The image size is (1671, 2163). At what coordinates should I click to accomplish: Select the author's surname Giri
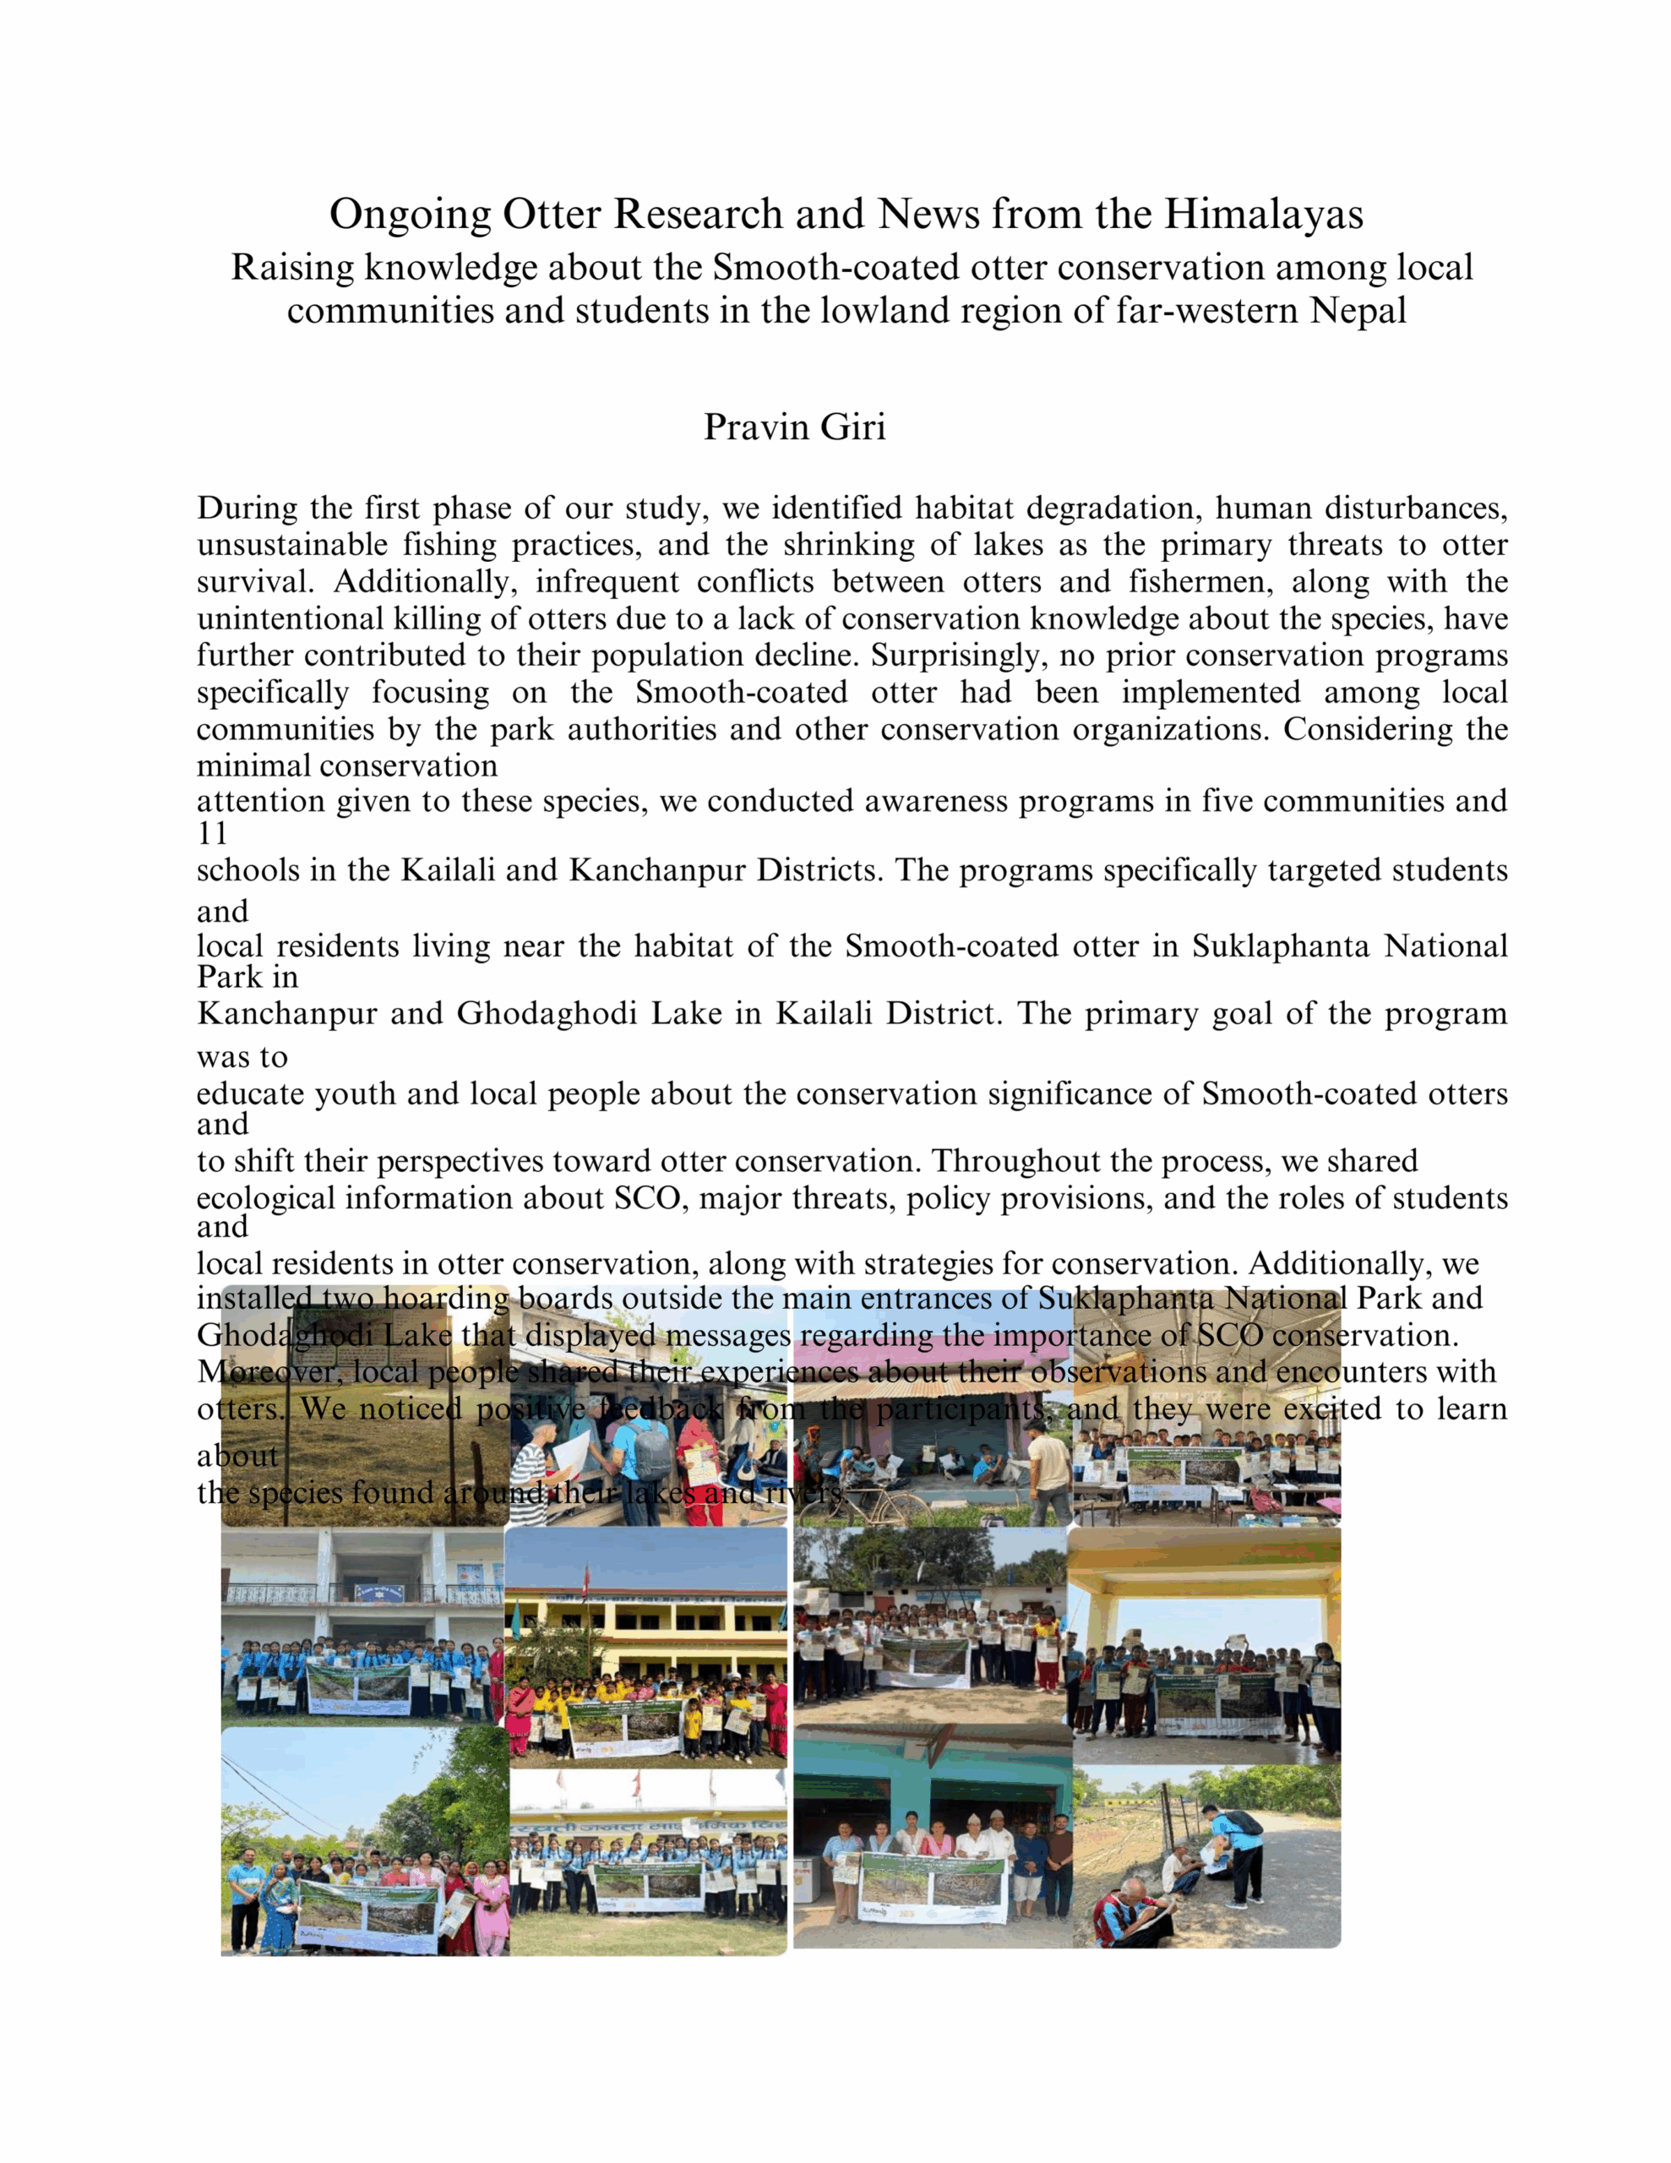pyautogui.click(x=849, y=427)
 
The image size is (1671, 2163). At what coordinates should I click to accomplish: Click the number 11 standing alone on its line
pyautogui.click(x=212, y=833)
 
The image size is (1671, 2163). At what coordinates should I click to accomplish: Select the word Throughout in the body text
pyautogui.click(x=1003, y=1161)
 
